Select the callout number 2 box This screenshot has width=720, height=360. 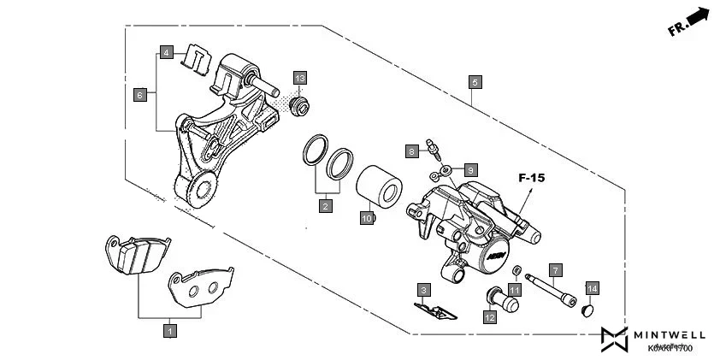(326, 205)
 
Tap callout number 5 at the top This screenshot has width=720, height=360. (475, 82)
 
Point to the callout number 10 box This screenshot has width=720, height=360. (366, 219)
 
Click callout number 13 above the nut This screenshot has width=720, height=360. (299, 79)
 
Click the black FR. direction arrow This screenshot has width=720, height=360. (698, 16)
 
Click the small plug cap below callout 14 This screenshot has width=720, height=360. (587, 310)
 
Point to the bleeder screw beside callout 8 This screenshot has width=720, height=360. (438, 153)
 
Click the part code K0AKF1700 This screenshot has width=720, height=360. (670, 349)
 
